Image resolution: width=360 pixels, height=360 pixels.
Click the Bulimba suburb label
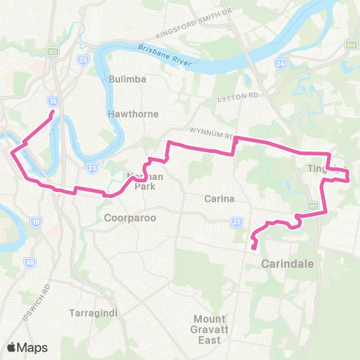[126, 78]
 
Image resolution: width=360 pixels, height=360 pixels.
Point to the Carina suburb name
[220, 199]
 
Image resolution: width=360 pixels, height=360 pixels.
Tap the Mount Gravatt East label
[207, 329]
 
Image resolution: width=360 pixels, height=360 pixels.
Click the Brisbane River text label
[166, 52]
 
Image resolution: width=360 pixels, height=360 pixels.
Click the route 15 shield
[51, 100]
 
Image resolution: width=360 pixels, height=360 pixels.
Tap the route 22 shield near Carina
[236, 221]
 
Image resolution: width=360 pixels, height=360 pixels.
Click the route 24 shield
[280, 64]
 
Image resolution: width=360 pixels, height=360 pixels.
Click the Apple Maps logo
[26, 347]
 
